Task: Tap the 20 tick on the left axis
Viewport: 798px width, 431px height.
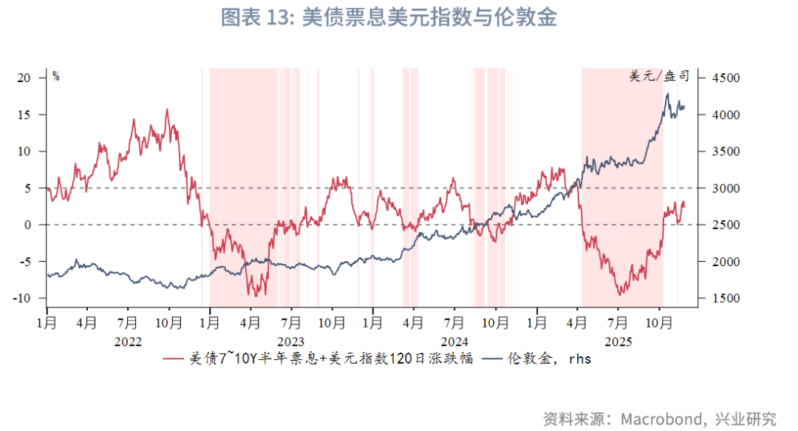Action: click(24, 78)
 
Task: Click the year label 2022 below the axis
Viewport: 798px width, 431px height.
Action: click(128, 342)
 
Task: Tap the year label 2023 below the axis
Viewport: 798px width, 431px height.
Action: click(291, 342)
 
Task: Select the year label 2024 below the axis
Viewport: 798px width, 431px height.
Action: click(454, 342)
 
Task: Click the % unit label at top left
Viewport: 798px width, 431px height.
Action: click(55, 76)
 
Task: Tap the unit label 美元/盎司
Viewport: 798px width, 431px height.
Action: click(659, 76)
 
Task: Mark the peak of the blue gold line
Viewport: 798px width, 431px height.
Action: click(667, 93)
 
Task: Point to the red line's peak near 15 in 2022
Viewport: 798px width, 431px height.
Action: click(167, 109)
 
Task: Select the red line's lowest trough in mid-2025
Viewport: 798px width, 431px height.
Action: click(619, 295)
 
